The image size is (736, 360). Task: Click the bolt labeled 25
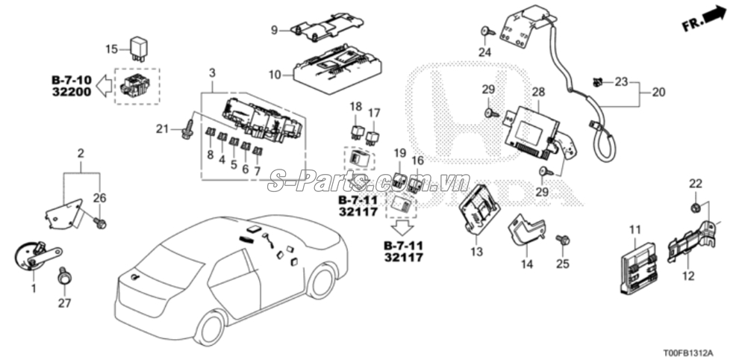click(x=562, y=240)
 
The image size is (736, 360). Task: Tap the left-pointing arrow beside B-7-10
click(x=104, y=85)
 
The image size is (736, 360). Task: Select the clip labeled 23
click(x=597, y=83)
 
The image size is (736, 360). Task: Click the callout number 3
click(x=212, y=73)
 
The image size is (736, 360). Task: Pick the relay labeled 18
click(x=355, y=131)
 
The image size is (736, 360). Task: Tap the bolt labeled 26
click(x=99, y=223)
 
